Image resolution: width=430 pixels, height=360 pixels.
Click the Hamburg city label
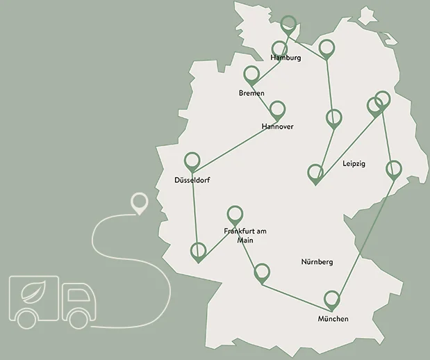point(287,58)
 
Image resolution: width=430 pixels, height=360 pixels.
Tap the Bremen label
point(251,93)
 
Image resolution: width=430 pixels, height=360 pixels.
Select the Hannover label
point(277,126)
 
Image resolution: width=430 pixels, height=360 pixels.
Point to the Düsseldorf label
point(192,181)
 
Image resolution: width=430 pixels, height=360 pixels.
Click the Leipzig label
point(354,164)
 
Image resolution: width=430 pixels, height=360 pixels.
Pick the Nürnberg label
point(317,262)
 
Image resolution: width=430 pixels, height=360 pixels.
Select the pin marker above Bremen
point(251,74)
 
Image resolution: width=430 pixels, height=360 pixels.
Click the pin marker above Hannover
point(278,109)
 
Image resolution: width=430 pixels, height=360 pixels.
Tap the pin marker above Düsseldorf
point(192,160)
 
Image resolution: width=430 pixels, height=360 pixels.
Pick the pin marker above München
point(333,299)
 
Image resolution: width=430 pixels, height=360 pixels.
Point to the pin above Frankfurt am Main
point(235,213)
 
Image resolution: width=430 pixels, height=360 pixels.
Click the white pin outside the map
point(140,204)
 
